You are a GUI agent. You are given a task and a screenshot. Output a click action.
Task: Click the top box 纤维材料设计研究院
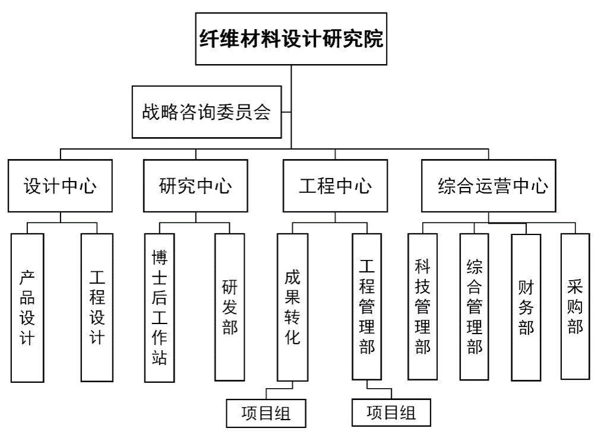click(x=291, y=40)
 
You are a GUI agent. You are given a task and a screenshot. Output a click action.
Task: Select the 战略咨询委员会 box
click(x=206, y=112)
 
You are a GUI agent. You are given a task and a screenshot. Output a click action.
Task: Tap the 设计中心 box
click(x=60, y=186)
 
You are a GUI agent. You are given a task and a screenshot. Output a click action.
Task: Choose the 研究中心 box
click(x=195, y=186)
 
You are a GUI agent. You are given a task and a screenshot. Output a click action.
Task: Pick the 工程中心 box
click(x=336, y=186)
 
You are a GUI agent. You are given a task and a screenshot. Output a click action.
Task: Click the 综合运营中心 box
click(x=489, y=186)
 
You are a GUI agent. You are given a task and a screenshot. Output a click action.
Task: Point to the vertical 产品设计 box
click(x=27, y=307)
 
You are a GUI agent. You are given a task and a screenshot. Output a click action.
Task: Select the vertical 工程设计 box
click(x=97, y=307)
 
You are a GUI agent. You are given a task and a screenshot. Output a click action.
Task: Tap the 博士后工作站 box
click(x=160, y=307)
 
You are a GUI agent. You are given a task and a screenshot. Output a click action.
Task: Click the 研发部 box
click(x=229, y=307)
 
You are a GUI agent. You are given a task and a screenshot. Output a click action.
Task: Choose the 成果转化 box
click(x=292, y=307)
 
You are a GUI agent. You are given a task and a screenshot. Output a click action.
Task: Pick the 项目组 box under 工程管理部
click(x=391, y=412)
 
